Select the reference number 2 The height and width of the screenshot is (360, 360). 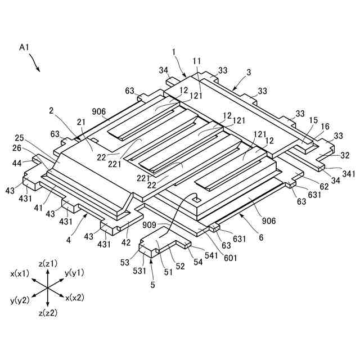pyautogui.click(x=52, y=111)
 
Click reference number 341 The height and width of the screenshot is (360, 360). pyautogui.click(x=348, y=174)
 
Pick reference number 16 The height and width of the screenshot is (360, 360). pyautogui.click(x=325, y=128)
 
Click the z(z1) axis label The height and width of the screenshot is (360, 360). pyautogui.click(x=48, y=263)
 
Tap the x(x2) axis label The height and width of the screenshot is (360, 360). pyautogui.click(x=75, y=297)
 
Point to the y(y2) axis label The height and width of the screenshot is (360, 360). pyautogui.click(x=20, y=300)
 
